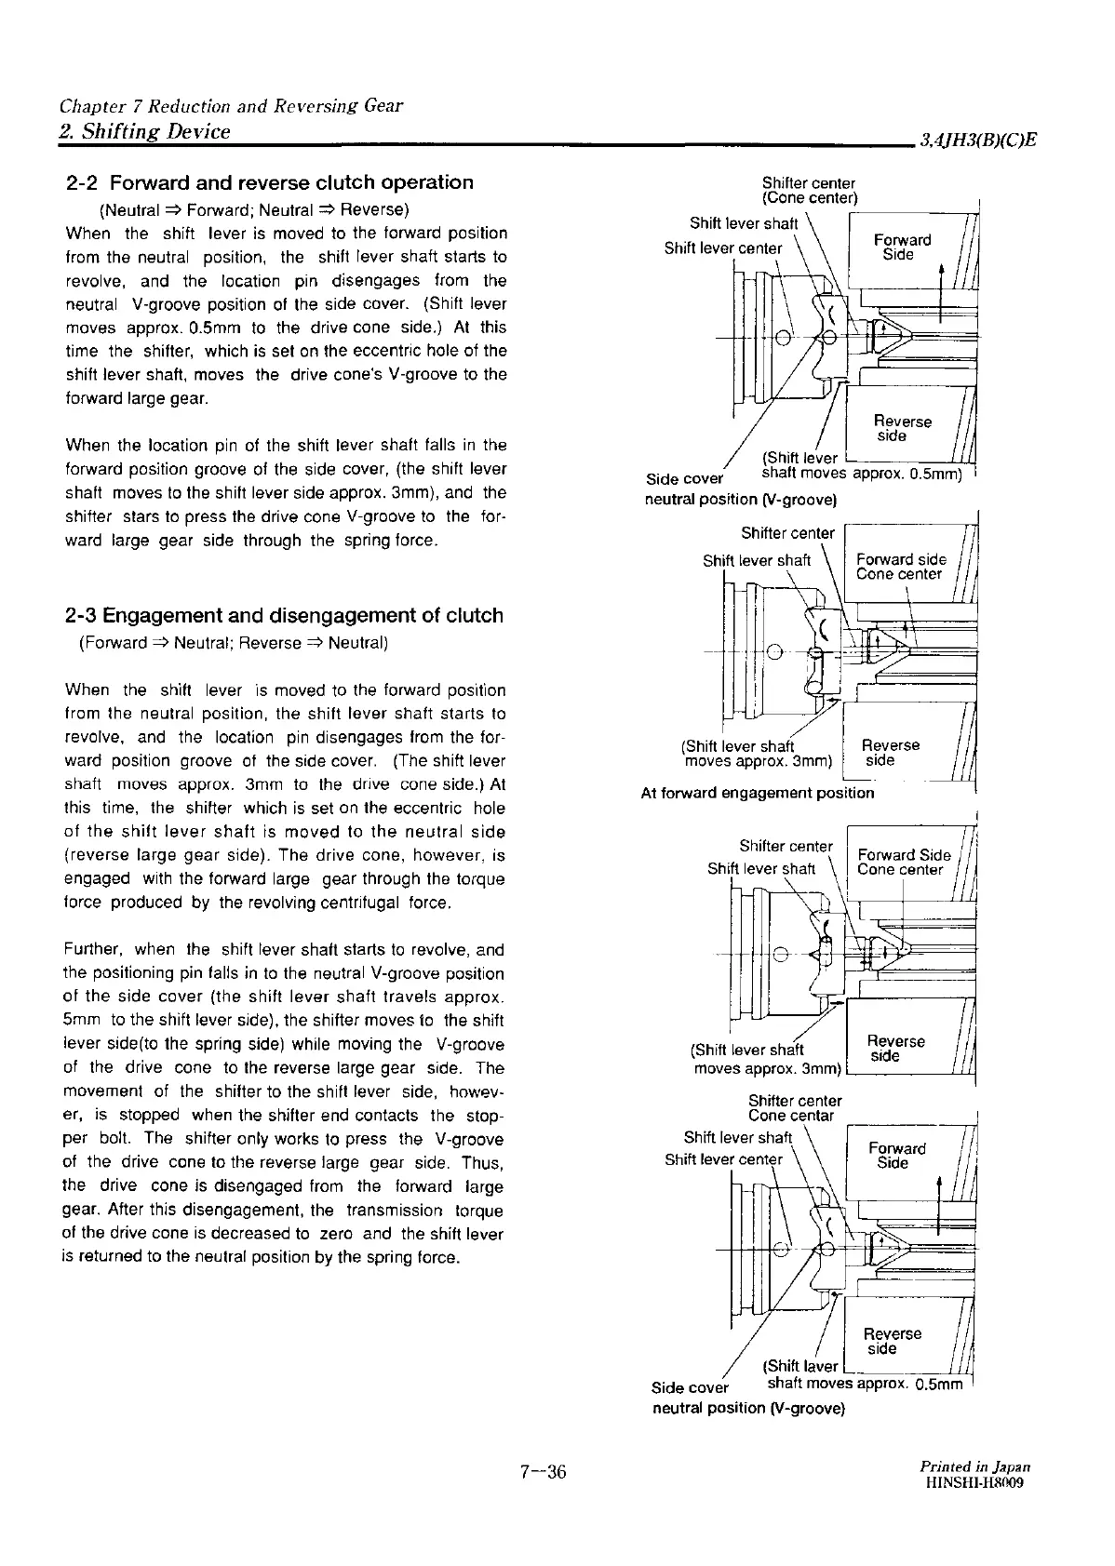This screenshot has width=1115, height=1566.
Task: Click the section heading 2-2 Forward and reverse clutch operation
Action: pyautogui.click(x=270, y=182)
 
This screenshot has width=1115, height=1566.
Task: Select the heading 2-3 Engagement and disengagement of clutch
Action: pyautogui.click(x=285, y=615)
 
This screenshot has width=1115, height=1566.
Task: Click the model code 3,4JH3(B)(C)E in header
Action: pyautogui.click(x=978, y=141)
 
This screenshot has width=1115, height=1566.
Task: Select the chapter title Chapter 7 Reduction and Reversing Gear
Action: pyautogui.click(x=231, y=105)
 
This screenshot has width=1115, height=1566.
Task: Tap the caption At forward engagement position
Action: pyautogui.click(x=758, y=793)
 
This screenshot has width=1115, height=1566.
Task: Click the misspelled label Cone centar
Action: pyautogui.click(x=791, y=1116)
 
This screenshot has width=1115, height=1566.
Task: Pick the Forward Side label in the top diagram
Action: pyautogui.click(x=901, y=248)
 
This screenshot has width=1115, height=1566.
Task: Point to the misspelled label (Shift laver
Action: pyautogui.click(x=800, y=1366)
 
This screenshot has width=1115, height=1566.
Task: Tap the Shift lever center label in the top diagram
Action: pyautogui.click(x=723, y=248)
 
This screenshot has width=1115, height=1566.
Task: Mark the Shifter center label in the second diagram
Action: pyautogui.click(x=787, y=533)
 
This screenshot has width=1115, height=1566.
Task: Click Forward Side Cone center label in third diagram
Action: pyautogui.click(x=903, y=863)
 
